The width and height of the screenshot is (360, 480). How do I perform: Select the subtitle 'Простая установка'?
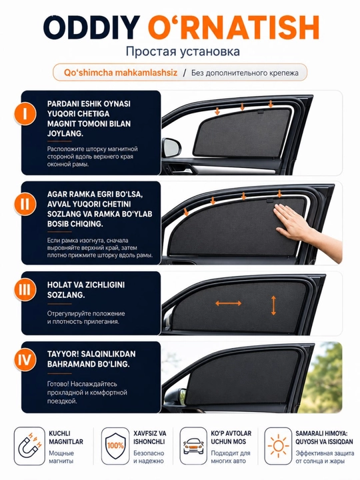[183, 51]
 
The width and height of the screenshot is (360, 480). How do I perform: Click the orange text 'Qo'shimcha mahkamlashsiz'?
[121, 73]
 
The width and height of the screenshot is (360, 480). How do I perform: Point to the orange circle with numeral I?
[25, 114]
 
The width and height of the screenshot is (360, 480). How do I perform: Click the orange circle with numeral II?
[25, 204]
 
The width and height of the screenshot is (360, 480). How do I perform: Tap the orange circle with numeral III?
[25, 289]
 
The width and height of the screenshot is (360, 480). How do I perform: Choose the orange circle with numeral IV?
[25, 360]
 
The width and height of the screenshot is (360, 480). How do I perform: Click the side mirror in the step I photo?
[171, 147]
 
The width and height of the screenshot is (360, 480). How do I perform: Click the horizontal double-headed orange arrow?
[229, 303]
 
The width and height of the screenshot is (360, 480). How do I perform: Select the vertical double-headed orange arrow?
[273, 305]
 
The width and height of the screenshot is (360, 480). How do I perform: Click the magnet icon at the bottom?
[29, 446]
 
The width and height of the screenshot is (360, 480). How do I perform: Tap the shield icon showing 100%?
[115, 445]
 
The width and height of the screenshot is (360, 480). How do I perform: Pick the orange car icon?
[193, 446]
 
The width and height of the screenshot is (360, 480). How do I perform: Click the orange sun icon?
[278, 446]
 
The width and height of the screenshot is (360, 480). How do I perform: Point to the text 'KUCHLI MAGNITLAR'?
[66, 437]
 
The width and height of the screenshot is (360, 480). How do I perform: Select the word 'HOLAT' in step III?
[57, 285]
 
